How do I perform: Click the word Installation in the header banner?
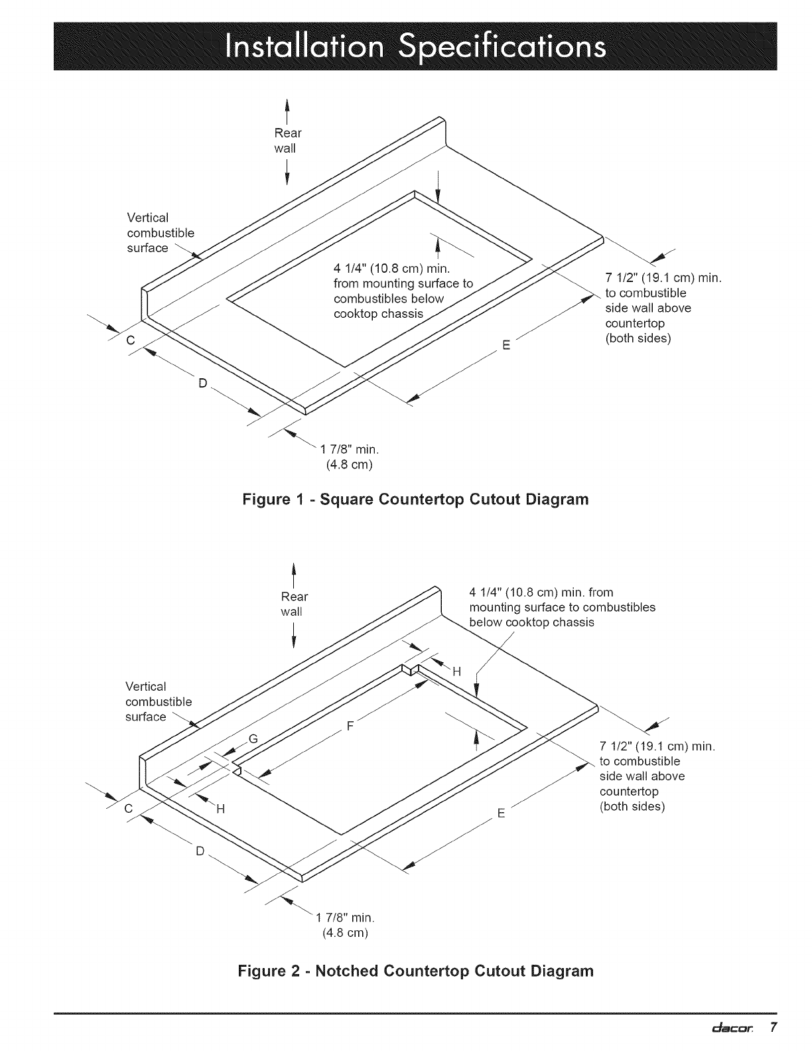tap(304, 47)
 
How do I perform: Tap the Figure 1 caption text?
tap(415, 500)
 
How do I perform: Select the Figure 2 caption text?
tap(415, 971)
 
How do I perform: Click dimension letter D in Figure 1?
tap(203, 384)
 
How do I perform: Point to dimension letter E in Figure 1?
tap(506, 345)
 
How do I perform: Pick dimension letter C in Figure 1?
tap(131, 340)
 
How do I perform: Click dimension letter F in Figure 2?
tap(350, 725)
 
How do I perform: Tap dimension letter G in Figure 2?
tap(253, 738)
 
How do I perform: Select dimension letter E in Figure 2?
tap(501, 813)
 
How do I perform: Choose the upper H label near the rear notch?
tap(457, 672)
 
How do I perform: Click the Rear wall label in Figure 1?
tap(287, 141)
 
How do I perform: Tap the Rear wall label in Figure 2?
tap(294, 604)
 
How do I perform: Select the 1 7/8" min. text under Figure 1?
tap(349, 450)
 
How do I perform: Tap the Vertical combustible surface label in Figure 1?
tap(161, 233)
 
